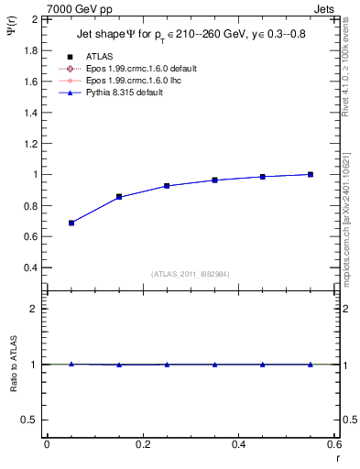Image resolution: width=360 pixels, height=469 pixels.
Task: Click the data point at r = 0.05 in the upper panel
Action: (x=71, y=223)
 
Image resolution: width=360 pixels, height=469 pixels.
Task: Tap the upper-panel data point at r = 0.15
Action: (x=119, y=197)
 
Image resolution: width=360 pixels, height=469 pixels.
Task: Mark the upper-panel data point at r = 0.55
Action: (x=311, y=174)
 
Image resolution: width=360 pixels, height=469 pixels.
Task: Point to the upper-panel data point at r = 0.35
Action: (x=214, y=180)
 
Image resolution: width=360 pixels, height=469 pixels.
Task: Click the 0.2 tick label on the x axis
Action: (x=142, y=444)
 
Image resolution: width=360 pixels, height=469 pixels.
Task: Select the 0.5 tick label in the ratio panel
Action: (x=29, y=420)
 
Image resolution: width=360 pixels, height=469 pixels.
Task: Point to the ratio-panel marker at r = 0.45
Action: (x=263, y=365)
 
